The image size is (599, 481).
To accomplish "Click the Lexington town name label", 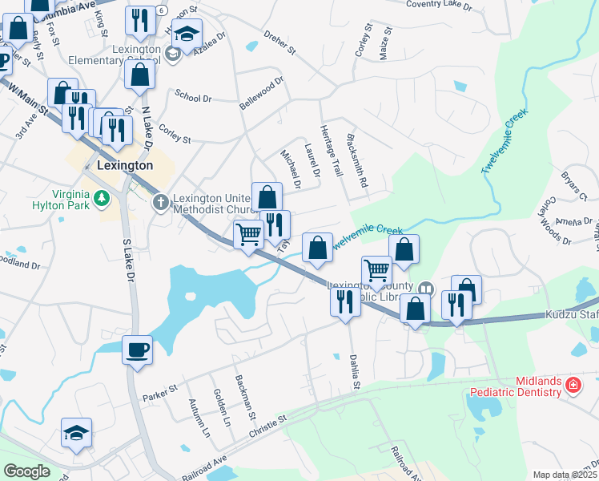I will click(x=124, y=165).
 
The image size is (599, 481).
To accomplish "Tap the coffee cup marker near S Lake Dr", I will click(x=137, y=349).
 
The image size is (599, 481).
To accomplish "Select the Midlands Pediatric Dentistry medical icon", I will click(x=573, y=386).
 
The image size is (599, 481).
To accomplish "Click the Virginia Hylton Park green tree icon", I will click(x=102, y=198).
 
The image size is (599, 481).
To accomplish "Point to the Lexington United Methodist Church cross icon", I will click(x=160, y=201).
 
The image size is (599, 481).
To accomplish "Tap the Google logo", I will click(x=26, y=471).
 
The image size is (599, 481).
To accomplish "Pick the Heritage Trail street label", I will click(x=331, y=152).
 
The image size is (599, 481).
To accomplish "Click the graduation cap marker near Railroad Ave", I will click(x=77, y=433).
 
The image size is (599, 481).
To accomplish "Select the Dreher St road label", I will click(x=279, y=43).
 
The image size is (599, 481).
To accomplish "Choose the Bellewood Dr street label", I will click(x=262, y=94).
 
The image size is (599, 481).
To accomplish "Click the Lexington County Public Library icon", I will click(x=426, y=288).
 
